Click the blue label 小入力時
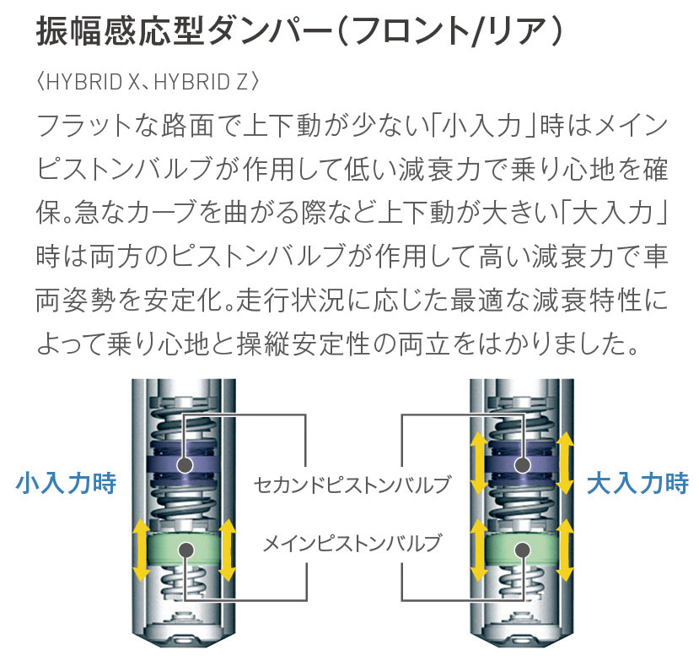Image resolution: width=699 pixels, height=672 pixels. [66, 483]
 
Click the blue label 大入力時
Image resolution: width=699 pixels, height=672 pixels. [638, 483]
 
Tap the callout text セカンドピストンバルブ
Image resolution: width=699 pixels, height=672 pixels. [352, 485]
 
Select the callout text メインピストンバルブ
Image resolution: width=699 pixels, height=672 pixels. [352, 543]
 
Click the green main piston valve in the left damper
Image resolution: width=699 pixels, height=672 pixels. [183, 549]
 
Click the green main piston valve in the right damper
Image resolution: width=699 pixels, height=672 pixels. [522, 549]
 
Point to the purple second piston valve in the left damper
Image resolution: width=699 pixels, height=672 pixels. [183, 462]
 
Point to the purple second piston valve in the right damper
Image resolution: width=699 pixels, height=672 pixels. [522, 462]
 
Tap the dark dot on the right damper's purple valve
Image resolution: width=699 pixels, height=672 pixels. [522, 465]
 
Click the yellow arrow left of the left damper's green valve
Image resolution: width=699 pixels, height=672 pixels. [141, 550]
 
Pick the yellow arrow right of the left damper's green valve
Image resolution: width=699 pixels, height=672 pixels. [227, 550]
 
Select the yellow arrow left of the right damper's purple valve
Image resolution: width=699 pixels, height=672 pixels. [479, 463]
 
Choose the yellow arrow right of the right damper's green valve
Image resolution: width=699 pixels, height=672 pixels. [565, 550]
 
